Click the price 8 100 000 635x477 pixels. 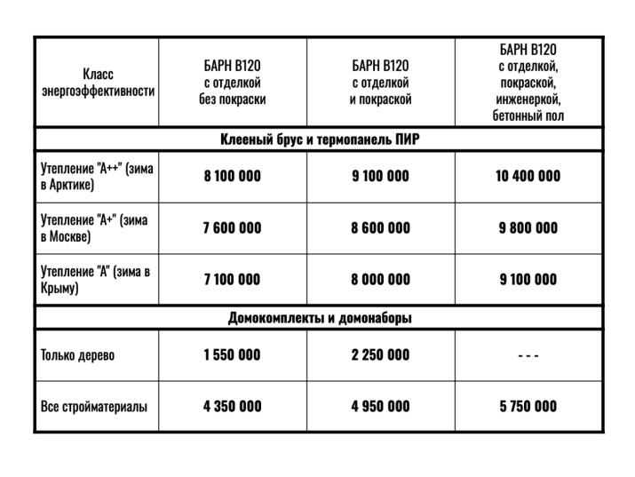pyautogui.click(x=232, y=176)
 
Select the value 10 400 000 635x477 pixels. pyautogui.click(x=528, y=176)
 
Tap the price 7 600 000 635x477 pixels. pyautogui.click(x=232, y=228)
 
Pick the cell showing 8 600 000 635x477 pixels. pyautogui.click(x=380, y=228)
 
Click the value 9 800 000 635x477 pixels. pyautogui.click(x=528, y=228)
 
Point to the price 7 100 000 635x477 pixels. pyautogui.click(x=232, y=280)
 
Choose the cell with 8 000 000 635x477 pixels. pyautogui.click(x=380, y=280)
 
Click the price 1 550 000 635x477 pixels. pyautogui.click(x=232, y=355)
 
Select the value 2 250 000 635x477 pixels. pyautogui.click(x=380, y=355)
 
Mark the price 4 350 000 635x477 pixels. pyautogui.click(x=232, y=407)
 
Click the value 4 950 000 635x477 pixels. pyautogui.click(x=380, y=407)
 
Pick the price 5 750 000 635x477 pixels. pyautogui.click(x=528, y=407)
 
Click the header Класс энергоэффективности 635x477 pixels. pyautogui.click(x=97, y=83)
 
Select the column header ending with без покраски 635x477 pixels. pyautogui.click(x=232, y=83)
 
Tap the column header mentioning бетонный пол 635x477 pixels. pyautogui.click(x=528, y=83)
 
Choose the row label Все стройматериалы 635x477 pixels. pyautogui.click(x=93, y=407)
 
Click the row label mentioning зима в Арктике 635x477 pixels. pyautogui.click(x=96, y=176)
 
